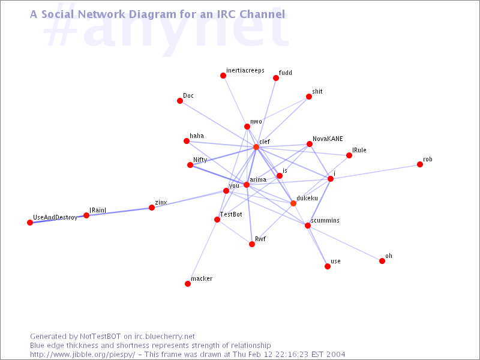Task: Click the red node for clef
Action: (256, 147)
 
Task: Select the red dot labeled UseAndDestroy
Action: (30, 223)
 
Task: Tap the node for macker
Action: (188, 284)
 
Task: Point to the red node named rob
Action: (420, 164)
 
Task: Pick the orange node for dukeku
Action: (293, 203)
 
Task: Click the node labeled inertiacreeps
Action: (223, 76)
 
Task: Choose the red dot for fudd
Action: (276, 78)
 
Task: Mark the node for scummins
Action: (308, 226)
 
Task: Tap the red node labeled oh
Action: (382, 261)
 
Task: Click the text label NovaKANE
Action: (328, 139)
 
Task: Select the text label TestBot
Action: (231, 214)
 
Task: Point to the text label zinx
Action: (161, 203)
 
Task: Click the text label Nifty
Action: (200, 160)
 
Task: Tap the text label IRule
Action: (359, 150)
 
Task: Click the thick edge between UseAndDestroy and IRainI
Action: (58, 219)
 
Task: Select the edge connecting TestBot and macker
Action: (203, 251)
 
